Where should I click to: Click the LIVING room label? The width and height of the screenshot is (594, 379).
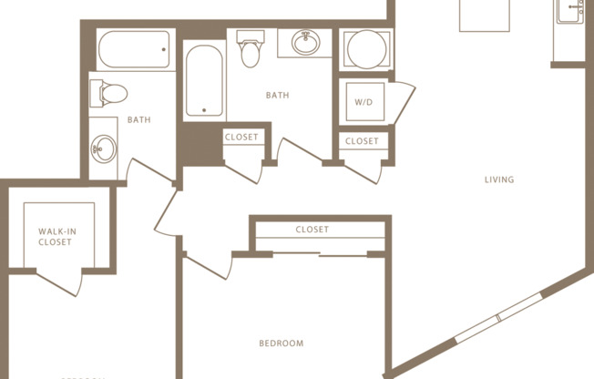click(499, 179)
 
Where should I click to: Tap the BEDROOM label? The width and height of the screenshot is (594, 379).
click(281, 343)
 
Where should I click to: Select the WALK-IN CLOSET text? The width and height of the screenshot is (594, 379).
click(56, 237)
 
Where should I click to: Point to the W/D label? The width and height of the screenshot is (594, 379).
click(362, 102)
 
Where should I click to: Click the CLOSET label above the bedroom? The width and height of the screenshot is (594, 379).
click(312, 230)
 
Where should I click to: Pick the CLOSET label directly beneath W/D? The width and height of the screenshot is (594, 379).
click(362, 141)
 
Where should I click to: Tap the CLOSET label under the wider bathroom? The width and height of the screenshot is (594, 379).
click(241, 138)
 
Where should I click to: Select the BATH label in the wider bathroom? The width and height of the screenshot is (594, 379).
click(278, 95)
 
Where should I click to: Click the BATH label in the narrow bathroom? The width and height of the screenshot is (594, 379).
click(138, 119)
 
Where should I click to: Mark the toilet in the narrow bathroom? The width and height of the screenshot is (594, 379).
click(107, 94)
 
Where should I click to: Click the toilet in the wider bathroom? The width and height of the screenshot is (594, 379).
click(250, 49)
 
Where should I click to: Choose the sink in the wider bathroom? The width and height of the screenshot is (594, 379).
click(305, 43)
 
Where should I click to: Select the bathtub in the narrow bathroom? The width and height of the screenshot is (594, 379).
click(135, 50)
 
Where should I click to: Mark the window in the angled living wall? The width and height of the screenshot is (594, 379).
click(498, 317)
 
